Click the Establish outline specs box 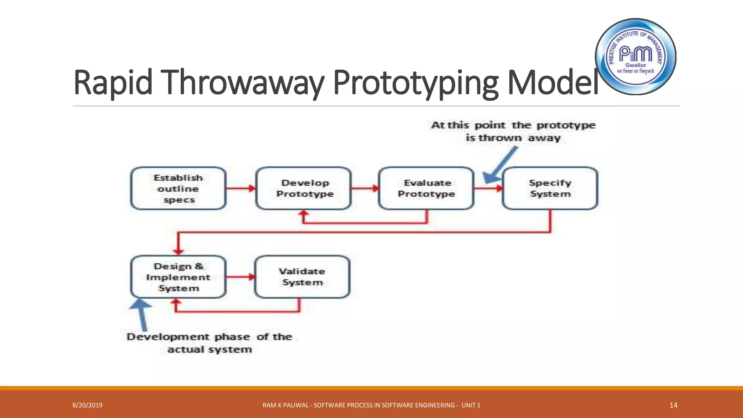pyautogui.click(x=178, y=188)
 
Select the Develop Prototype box pyautogui.click(x=304, y=188)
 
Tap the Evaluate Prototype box pyautogui.click(x=426, y=188)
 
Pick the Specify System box pyautogui.click(x=550, y=188)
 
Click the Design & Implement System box pyautogui.click(x=178, y=277)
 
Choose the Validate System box pyautogui.click(x=303, y=277)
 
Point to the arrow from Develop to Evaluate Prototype pyautogui.click(x=365, y=188)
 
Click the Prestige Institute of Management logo pyautogui.click(x=636, y=57)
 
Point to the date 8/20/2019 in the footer pyautogui.click(x=87, y=405)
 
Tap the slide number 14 pyautogui.click(x=673, y=405)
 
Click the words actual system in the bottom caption pyautogui.click(x=210, y=350)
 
